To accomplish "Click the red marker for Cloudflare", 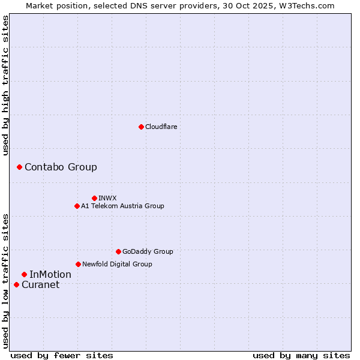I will pyautogui.click(x=141, y=127).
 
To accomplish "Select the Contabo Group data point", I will pyautogui.click(x=19, y=167).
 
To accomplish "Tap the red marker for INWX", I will pyautogui.click(x=94, y=198).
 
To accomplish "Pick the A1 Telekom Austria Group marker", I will pyautogui.click(x=77, y=206).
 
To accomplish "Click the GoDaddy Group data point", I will pyautogui.click(x=118, y=251).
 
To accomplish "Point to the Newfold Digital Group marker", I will pyautogui.click(x=78, y=264).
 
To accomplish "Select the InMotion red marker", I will pyautogui.click(x=24, y=274).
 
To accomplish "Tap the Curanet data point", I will pyautogui.click(x=16, y=284).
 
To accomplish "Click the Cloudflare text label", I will pyautogui.click(x=161, y=127).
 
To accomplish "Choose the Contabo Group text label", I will pyautogui.click(x=61, y=167).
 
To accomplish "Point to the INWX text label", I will pyautogui.click(x=107, y=198).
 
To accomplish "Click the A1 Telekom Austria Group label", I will pyautogui.click(x=122, y=206).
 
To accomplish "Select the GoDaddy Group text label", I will pyautogui.click(x=148, y=251).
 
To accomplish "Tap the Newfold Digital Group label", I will pyautogui.click(x=117, y=264).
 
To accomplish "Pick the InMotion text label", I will pyautogui.click(x=50, y=274).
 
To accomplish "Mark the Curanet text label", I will pyautogui.click(x=41, y=284).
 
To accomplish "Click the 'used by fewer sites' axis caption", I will pyautogui.click(x=62, y=355).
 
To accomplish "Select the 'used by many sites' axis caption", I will pyautogui.click(x=301, y=355).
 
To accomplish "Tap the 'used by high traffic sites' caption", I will pyautogui.click(x=6, y=85).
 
